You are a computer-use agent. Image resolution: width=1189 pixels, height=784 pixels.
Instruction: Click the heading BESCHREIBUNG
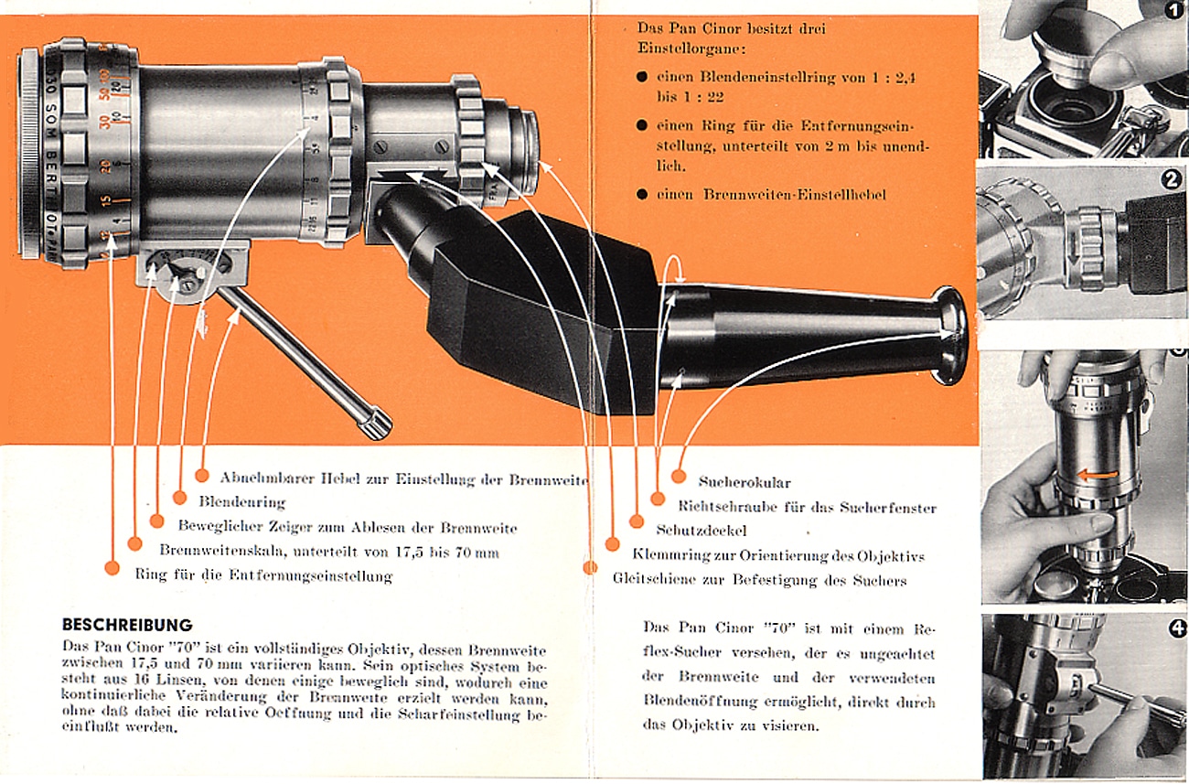point(127,626)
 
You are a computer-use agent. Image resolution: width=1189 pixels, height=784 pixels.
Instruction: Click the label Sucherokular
point(744,482)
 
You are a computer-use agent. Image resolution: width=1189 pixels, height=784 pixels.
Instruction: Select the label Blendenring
point(241,501)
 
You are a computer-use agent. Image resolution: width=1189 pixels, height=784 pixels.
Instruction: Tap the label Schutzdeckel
point(701,530)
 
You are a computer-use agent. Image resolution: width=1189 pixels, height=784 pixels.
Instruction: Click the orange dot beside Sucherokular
point(679,476)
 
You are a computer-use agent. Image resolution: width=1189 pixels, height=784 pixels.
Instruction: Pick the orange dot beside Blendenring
point(179,499)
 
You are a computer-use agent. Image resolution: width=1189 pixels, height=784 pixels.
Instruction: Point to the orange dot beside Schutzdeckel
point(637,521)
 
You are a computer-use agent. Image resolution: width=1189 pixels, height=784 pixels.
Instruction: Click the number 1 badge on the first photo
point(1175,12)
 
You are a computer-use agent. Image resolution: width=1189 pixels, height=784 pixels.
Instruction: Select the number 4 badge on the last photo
point(1177,628)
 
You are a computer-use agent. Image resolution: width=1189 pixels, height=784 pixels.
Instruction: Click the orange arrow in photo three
point(1097,475)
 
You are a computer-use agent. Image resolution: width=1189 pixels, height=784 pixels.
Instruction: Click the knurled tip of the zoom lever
point(375,424)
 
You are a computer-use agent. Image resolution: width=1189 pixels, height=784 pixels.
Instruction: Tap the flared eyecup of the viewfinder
point(951,335)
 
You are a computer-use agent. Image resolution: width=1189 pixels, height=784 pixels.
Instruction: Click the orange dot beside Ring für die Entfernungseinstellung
point(112,568)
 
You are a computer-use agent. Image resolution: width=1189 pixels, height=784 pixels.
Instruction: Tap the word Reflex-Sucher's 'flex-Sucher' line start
point(680,652)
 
